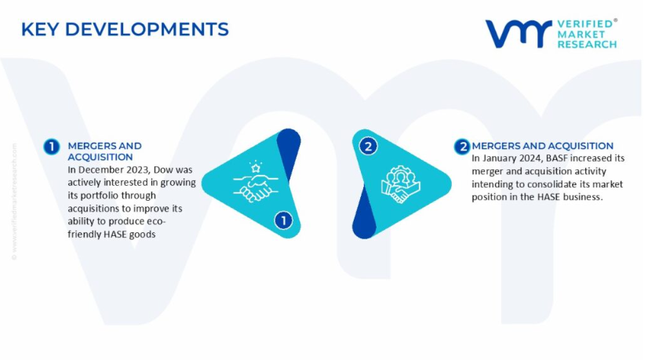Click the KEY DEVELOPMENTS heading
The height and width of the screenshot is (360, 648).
point(125,29)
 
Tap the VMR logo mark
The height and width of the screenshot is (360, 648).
point(519,33)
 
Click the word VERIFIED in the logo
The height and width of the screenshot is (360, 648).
point(585,24)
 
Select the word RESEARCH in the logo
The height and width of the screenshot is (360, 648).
point(587,44)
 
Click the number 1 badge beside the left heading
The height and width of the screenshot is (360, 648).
point(52,147)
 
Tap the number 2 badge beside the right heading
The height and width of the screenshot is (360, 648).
point(462,147)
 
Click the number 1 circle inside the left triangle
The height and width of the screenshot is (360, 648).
point(283,220)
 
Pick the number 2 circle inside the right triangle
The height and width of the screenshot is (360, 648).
point(368,146)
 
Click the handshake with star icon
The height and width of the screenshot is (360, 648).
point(256,182)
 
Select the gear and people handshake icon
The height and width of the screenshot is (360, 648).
point(400,184)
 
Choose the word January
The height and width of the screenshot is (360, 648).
point(500,158)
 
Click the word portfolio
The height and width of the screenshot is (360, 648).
point(97,195)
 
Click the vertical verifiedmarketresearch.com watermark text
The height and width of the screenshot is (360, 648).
point(14,202)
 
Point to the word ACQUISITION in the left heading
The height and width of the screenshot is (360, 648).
point(100,157)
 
